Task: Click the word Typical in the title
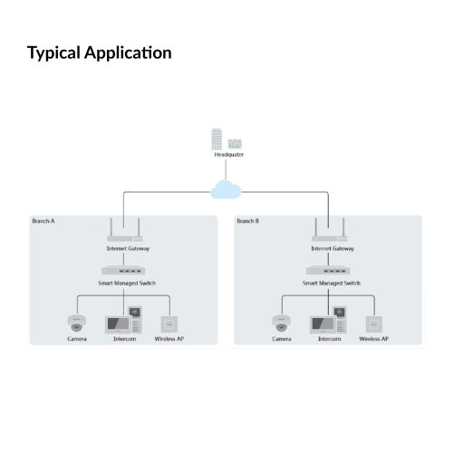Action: (x=53, y=53)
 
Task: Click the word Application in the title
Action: (x=128, y=53)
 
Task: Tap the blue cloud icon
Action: (x=226, y=189)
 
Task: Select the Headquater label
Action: (x=229, y=155)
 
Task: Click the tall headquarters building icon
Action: (x=217, y=139)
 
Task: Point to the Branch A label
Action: (x=43, y=221)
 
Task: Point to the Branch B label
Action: (x=248, y=221)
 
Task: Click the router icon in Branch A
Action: (x=125, y=230)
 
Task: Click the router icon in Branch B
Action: (x=330, y=230)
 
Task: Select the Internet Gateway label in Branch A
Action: (x=128, y=248)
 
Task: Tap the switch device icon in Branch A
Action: (x=123, y=271)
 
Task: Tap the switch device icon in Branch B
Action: (x=328, y=271)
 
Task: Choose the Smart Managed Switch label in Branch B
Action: (x=332, y=284)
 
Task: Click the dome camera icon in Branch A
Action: (x=77, y=323)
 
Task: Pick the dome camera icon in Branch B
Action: (x=282, y=323)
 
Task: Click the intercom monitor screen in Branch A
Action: (x=119, y=324)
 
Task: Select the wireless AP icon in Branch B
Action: (x=374, y=324)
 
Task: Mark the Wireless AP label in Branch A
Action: (x=169, y=339)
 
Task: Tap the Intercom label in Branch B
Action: (x=330, y=339)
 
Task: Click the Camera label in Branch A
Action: (x=77, y=339)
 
